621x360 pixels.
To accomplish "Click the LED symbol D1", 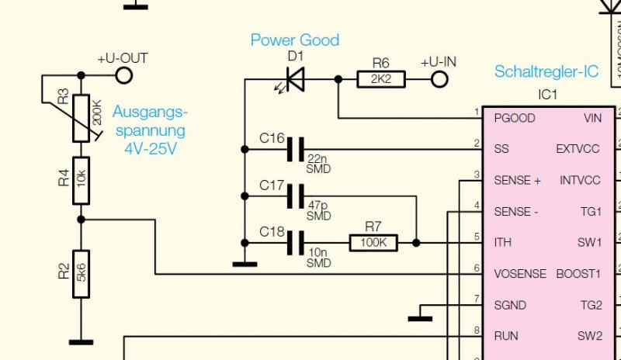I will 293,78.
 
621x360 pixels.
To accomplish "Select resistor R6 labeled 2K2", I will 380,78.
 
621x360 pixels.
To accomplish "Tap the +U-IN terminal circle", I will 440,78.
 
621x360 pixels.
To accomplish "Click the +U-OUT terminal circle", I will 123,74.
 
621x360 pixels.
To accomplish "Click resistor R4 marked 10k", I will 81,180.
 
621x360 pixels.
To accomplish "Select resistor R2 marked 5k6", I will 81,273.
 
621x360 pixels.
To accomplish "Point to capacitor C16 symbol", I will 295,148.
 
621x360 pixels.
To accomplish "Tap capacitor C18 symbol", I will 295,243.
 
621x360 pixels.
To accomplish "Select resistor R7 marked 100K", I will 373,243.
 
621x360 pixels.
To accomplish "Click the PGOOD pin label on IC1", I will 514,118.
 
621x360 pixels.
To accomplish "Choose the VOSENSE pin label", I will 520,274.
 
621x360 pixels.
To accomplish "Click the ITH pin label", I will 503,243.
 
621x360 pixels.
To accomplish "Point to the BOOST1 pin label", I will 579,274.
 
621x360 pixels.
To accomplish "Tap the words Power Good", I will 294,40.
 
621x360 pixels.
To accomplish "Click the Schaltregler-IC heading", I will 546,72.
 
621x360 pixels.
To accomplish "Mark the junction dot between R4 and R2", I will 81,220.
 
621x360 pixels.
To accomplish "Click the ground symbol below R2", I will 81,341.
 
